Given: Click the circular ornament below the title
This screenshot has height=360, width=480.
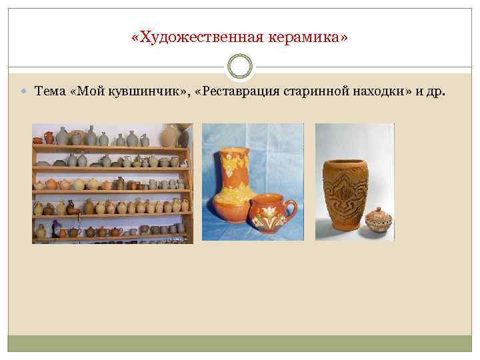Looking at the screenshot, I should click(240, 67).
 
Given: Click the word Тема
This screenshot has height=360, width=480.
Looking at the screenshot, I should click(49, 91).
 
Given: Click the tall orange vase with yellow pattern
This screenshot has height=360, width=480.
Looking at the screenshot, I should click(234, 177).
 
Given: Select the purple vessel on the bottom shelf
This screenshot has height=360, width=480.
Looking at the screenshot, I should click(63, 233).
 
